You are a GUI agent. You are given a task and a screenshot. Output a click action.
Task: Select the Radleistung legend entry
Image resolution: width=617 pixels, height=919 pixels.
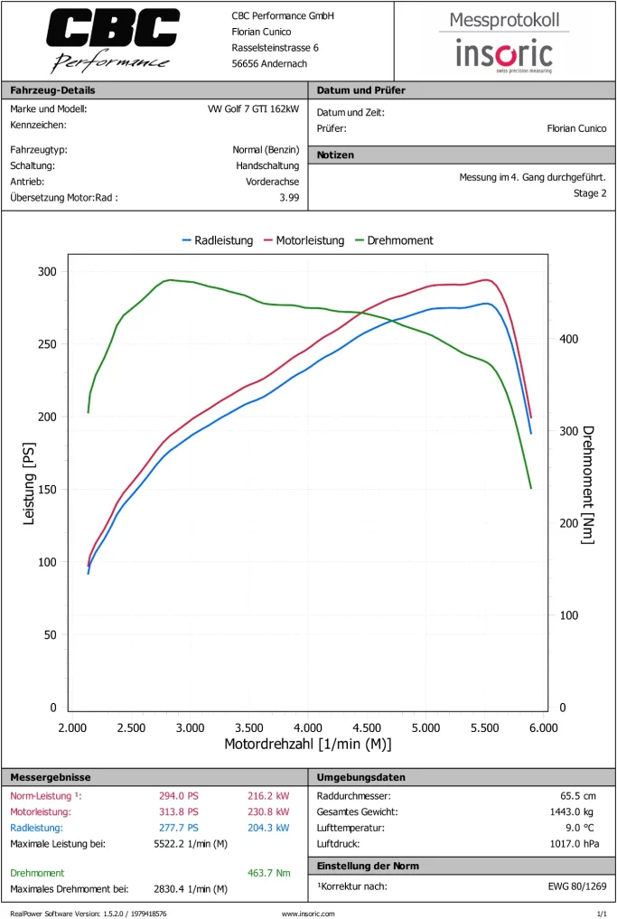click(218, 240)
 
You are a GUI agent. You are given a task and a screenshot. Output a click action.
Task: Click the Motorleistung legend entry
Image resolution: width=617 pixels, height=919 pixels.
click(304, 240)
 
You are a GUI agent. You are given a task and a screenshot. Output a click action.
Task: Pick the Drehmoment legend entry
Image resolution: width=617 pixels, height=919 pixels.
click(394, 240)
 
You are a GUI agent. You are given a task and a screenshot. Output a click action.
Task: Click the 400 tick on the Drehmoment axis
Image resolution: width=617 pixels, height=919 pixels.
click(568, 339)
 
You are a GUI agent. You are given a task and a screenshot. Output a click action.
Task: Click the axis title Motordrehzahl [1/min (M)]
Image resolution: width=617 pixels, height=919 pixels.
click(307, 744)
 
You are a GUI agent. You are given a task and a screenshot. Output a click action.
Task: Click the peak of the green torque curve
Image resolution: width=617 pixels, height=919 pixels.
click(170, 280)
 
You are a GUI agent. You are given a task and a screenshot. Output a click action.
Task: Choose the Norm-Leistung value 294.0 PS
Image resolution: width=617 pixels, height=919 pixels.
click(178, 796)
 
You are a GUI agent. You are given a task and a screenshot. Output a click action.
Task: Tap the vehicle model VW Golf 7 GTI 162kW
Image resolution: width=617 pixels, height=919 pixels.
click(253, 109)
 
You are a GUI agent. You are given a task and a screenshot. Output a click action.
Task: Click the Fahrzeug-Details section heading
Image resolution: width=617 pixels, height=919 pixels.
click(52, 90)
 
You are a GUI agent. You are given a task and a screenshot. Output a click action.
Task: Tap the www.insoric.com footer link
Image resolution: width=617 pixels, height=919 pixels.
click(308, 914)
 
